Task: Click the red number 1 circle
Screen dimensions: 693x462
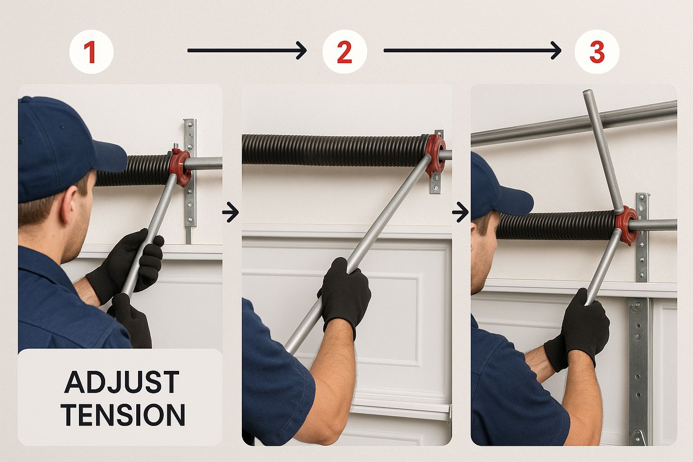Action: [x=91, y=52]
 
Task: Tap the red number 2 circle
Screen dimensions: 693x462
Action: [x=345, y=52]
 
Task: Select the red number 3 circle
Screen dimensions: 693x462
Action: [x=597, y=52]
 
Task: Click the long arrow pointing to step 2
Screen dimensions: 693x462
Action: [x=247, y=50]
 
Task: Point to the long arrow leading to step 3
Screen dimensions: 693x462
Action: [x=472, y=50]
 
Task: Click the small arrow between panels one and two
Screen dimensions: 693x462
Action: [x=231, y=213]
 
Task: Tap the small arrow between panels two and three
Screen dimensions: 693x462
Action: [x=460, y=213]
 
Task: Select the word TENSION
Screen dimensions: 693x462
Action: [x=123, y=414]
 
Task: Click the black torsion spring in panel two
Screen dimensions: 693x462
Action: [x=334, y=150]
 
